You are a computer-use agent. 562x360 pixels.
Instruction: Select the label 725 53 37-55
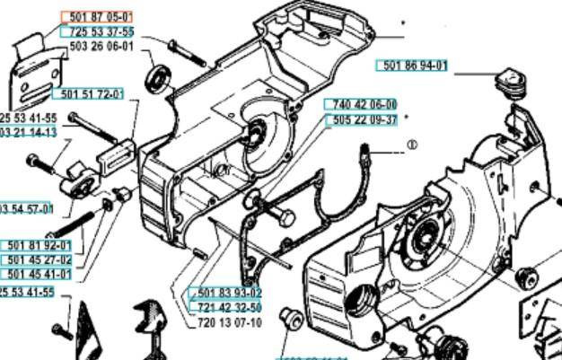(x=101, y=31)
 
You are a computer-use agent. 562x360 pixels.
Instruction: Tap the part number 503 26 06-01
(x=101, y=46)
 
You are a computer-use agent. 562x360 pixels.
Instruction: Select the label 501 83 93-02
(x=225, y=294)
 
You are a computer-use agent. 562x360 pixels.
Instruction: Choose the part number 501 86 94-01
(x=415, y=65)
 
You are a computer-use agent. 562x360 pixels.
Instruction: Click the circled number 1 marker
(x=412, y=144)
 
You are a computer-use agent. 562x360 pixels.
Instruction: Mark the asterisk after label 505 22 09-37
(x=407, y=118)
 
